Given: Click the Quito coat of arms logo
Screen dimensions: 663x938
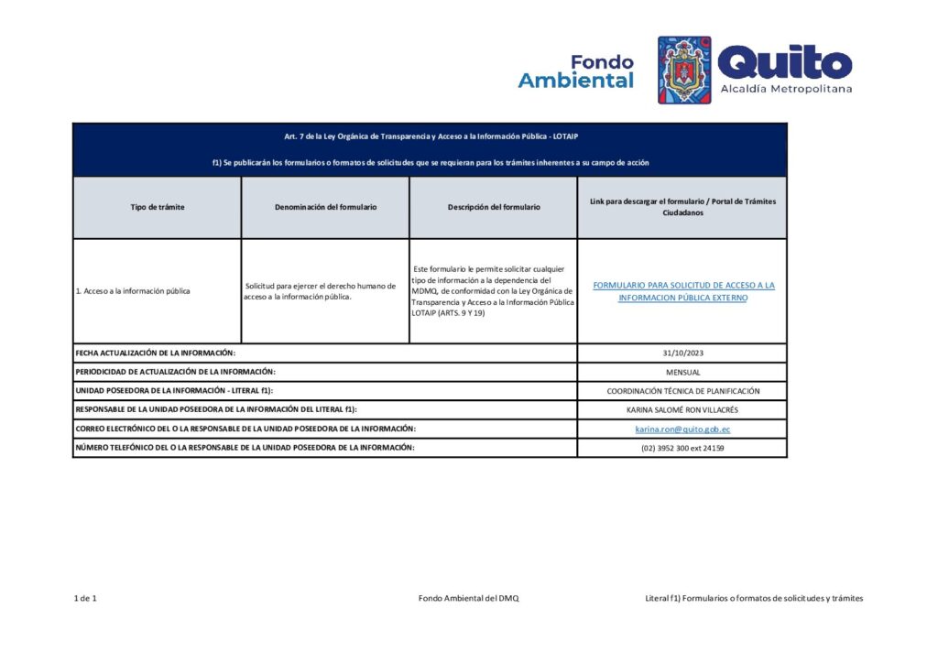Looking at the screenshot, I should point(684,70).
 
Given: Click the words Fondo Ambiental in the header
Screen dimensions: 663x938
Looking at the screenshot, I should point(576,71).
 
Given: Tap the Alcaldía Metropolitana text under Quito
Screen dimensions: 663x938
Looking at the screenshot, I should point(786,89).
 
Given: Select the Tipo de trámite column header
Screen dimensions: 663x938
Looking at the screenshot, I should point(158,207).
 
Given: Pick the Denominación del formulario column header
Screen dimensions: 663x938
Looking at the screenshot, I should point(325,207).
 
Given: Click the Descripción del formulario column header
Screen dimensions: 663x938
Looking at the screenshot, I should point(494,207).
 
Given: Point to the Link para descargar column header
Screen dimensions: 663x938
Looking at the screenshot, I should point(682,207).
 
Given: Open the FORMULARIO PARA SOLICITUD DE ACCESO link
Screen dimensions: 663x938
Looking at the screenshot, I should point(683,291).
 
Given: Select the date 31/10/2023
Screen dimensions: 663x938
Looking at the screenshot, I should point(682,353).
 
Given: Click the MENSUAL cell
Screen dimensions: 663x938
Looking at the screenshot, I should point(682,372).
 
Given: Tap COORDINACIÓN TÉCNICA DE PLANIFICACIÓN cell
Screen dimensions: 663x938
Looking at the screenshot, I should point(682,391).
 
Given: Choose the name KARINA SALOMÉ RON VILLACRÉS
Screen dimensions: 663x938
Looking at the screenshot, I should point(682,410).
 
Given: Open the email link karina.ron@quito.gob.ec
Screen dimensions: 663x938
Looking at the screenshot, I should point(682,429).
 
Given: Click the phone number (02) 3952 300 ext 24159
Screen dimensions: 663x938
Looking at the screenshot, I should point(682,448).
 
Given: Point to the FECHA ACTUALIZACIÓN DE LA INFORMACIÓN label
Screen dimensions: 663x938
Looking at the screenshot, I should point(156,353).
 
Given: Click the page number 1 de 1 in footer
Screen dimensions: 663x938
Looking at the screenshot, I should point(85,598).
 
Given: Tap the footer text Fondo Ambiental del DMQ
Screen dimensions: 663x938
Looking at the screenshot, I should point(468,598).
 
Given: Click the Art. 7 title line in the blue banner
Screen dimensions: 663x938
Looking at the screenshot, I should point(430,136).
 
